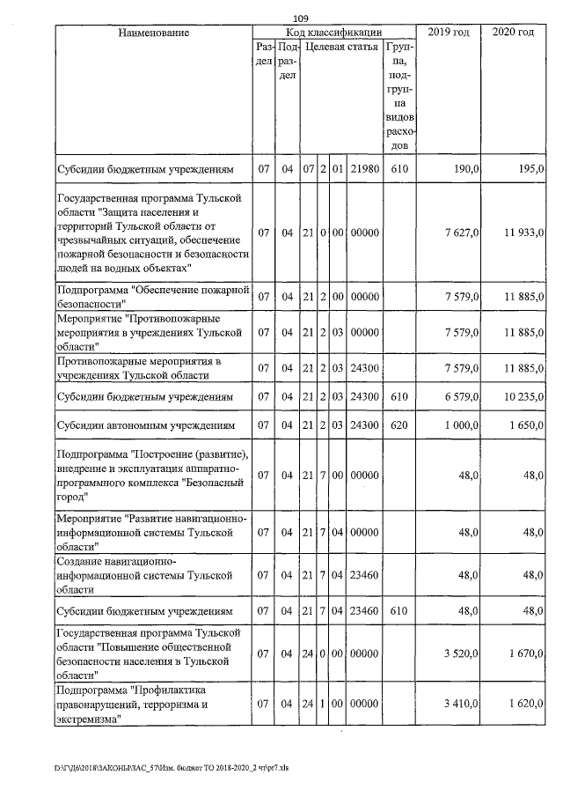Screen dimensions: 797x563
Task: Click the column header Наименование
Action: pyautogui.click(x=152, y=33)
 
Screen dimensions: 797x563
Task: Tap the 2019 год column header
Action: pyautogui.click(x=448, y=33)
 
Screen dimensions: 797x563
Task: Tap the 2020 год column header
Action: pyautogui.click(x=513, y=33)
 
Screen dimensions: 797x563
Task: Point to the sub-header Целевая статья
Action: pyautogui.click(x=341, y=47)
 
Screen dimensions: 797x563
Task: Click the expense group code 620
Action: pyautogui.click(x=399, y=426)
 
